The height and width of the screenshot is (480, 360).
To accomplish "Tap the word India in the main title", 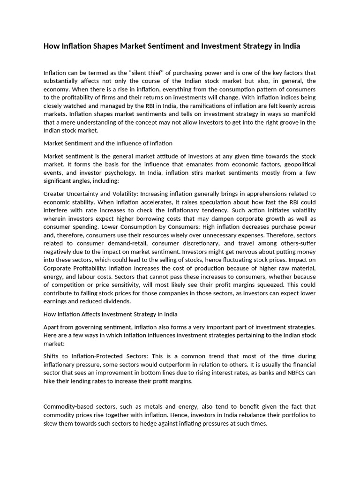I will click(x=289, y=46).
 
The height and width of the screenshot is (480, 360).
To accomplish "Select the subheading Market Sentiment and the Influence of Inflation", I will click(x=108, y=143).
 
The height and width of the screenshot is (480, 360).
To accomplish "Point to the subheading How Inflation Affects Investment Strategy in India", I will click(x=110, y=314).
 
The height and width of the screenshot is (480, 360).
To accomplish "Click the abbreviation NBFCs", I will click(x=292, y=373).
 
